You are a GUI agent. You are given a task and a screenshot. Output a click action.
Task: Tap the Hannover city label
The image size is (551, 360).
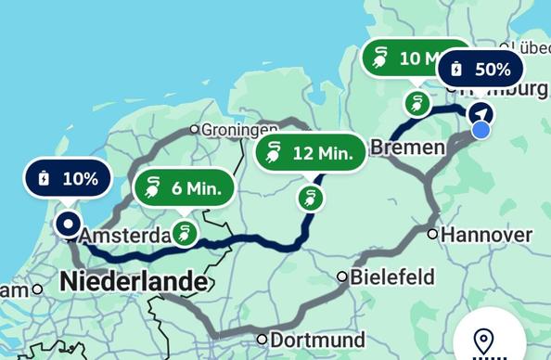486,234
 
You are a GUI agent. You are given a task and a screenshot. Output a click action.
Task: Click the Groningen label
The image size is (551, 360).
240,130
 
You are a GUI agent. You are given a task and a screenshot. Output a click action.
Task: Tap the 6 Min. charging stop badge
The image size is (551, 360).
185,188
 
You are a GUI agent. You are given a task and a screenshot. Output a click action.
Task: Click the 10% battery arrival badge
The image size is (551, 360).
70,179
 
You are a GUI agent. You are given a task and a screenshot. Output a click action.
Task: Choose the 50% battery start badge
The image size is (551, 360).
480,69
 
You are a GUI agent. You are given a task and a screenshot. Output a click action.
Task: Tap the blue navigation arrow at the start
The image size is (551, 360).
481,113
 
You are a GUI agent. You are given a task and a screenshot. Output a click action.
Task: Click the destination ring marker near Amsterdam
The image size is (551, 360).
68,224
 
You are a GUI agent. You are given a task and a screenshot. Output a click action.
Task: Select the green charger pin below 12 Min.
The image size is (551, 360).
309,198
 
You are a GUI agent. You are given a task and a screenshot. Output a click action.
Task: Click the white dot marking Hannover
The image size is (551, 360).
432,234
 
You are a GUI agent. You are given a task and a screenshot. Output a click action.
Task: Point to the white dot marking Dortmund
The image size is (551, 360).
263,340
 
